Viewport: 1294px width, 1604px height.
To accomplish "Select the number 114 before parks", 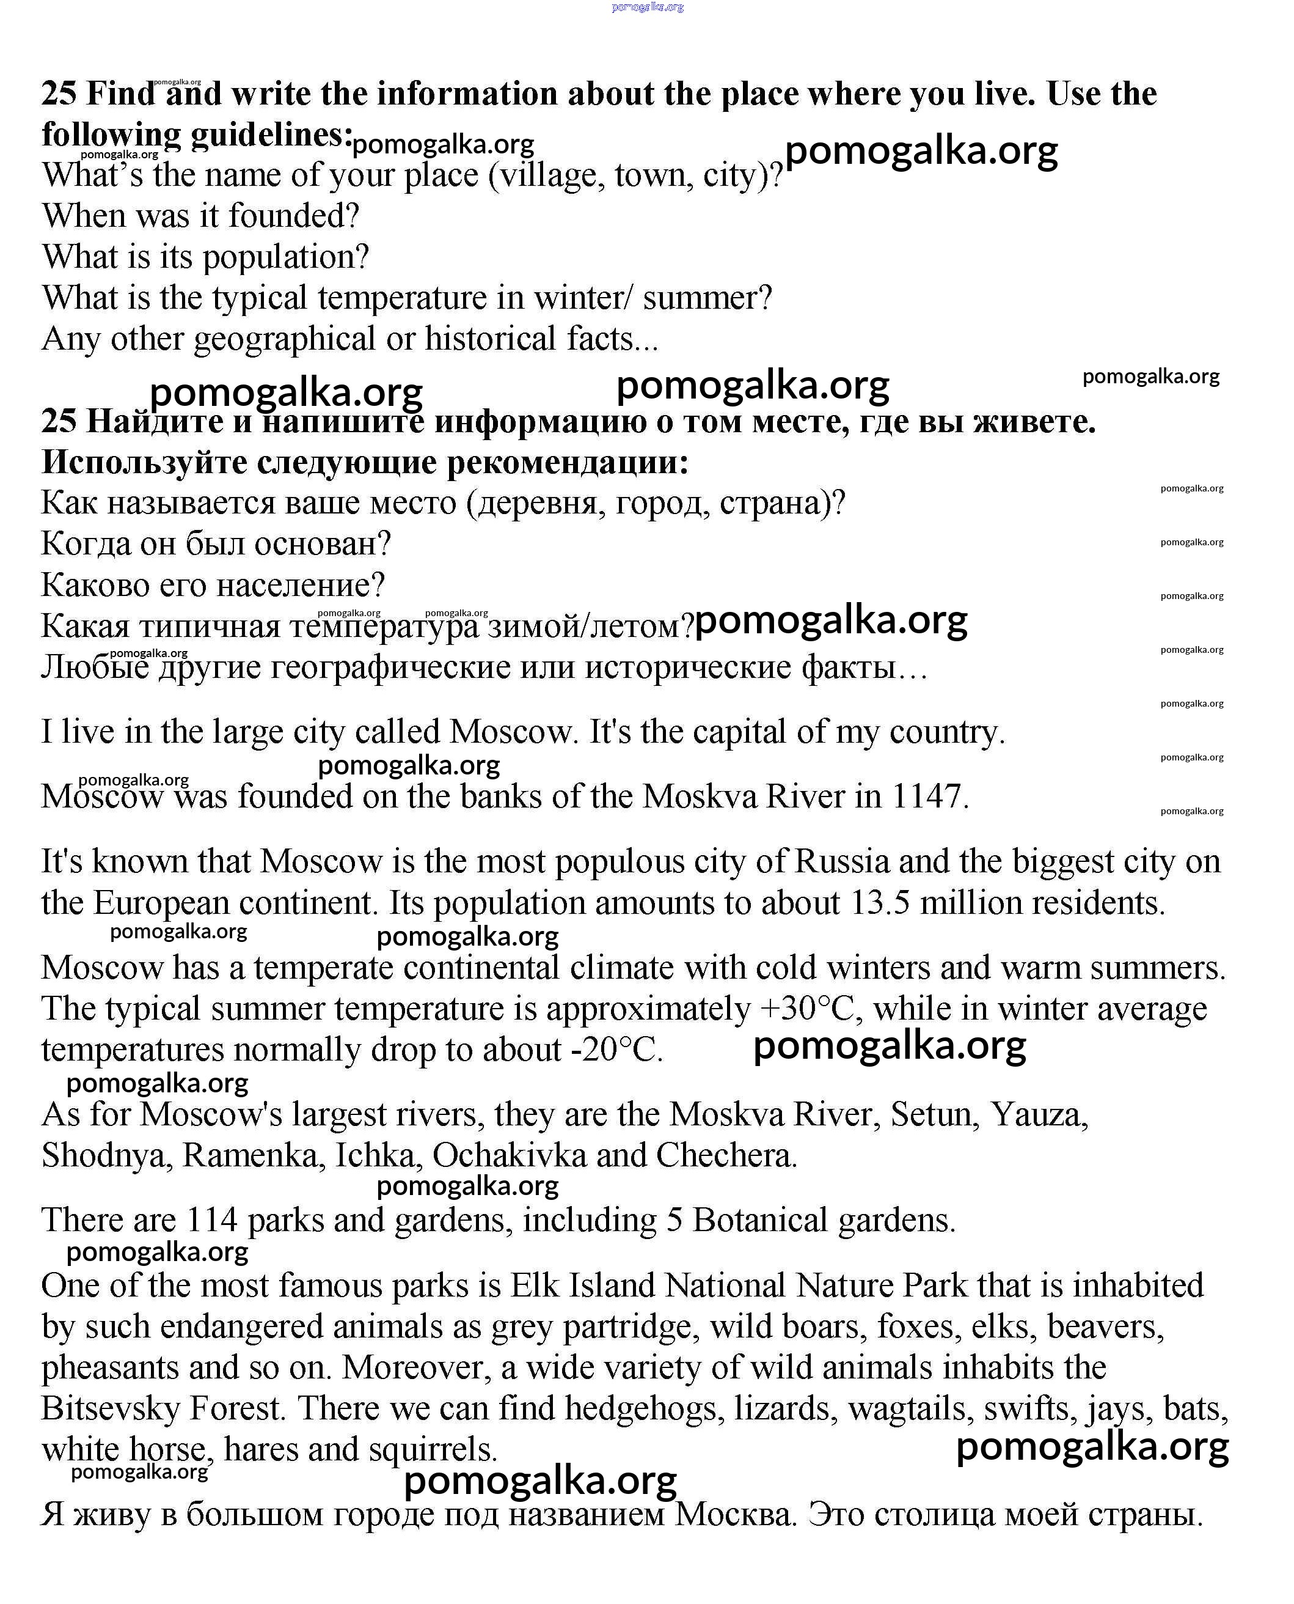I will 211,1221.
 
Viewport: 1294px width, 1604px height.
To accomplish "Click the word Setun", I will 935,1115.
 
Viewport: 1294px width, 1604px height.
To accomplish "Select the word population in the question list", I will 285,257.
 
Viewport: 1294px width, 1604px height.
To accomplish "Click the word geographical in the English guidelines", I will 284,339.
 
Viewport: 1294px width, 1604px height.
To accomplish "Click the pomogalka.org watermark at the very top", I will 647,7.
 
